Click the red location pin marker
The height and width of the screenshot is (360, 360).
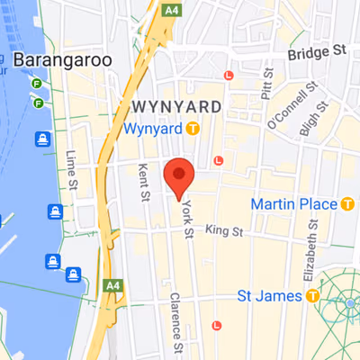[x=179, y=175]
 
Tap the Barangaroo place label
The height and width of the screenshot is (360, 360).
[x=63, y=59]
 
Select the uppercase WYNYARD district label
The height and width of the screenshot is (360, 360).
[x=177, y=106]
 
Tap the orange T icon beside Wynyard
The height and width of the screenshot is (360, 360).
[x=193, y=129]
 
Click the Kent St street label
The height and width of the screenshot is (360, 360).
[x=141, y=182]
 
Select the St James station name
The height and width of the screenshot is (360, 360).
[x=268, y=294]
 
